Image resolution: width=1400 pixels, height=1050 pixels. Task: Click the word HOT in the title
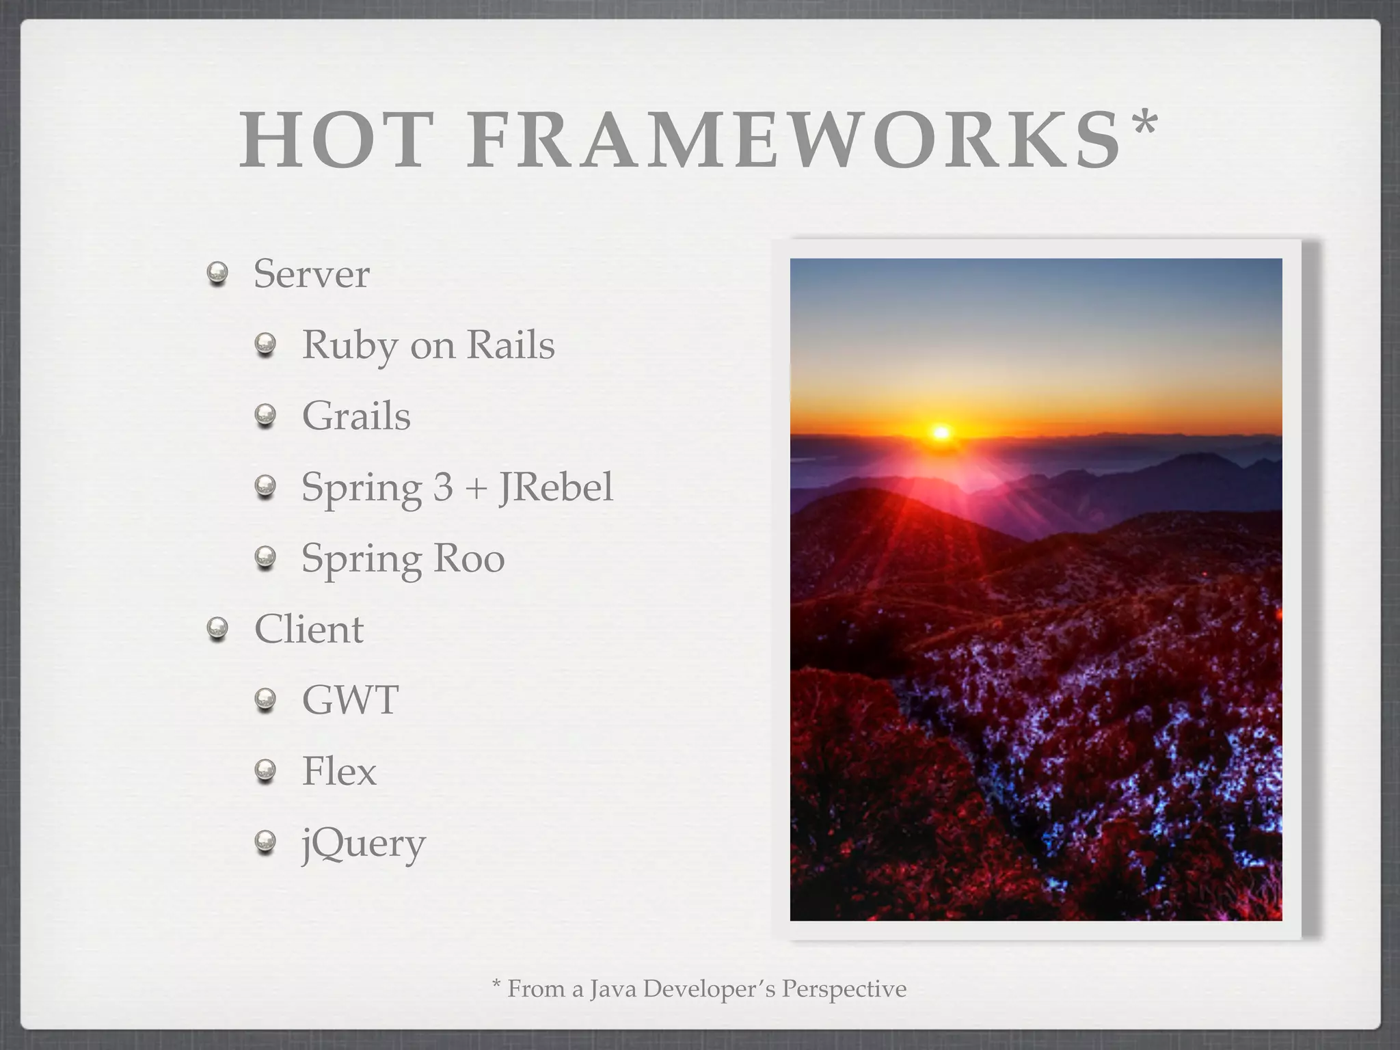[x=337, y=142]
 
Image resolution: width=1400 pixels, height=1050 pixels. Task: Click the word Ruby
[x=349, y=345]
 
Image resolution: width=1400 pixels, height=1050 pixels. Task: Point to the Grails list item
[x=356, y=416]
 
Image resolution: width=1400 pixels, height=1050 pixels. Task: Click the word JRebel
[x=556, y=487]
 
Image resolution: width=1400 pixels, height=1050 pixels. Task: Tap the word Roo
[x=469, y=558]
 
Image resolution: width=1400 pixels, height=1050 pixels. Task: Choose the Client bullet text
[x=308, y=629]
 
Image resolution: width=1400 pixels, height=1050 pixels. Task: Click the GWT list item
[x=350, y=700]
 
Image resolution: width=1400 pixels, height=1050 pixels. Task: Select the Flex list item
[x=339, y=771]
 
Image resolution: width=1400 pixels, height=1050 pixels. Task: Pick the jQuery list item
[x=364, y=844]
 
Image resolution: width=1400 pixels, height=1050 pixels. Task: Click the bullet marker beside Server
[x=217, y=275]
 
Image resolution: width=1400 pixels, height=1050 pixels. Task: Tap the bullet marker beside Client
[x=217, y=630]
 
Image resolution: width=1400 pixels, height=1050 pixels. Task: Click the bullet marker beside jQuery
[x=265, y=844]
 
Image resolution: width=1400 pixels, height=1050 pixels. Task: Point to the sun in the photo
[x=941, y=433]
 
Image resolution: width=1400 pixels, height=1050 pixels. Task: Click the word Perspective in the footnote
[x=844, y=989]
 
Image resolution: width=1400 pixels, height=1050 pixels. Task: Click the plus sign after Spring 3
[x=476, y=488]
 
